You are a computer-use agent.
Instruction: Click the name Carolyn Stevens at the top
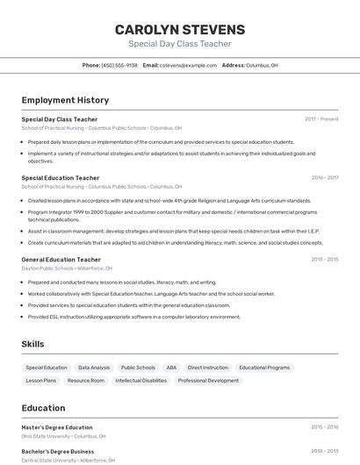pos(180,29)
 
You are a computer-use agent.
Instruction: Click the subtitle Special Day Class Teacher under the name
pos(180,43)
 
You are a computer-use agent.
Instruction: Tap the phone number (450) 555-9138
pos(119,65)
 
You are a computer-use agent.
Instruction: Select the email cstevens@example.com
pos(187,65)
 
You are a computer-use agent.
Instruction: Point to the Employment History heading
pos(65,100)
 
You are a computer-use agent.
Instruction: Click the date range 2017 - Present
pos(321,118)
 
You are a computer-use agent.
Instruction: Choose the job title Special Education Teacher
pos(61,177)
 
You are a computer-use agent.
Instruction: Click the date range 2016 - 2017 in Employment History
pos(324,177)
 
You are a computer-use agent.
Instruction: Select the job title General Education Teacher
pos(61,259)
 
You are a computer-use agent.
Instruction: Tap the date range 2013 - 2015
pos(324,259)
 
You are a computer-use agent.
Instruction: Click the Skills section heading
pos(32,344)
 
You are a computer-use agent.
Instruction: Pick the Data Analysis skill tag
pos(94,368)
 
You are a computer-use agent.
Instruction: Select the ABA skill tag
pos(171,368)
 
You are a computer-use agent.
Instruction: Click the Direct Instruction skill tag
pos(208,368)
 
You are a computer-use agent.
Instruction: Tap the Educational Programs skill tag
pos(264,368)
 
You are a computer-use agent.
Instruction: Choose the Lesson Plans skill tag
pos(41,381)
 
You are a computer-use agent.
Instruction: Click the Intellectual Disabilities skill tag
pos(140,381)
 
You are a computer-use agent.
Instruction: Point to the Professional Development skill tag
pos(208,381)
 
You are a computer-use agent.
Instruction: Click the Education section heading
pos(43,408)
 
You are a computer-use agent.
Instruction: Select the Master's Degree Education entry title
pos(56,427)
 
